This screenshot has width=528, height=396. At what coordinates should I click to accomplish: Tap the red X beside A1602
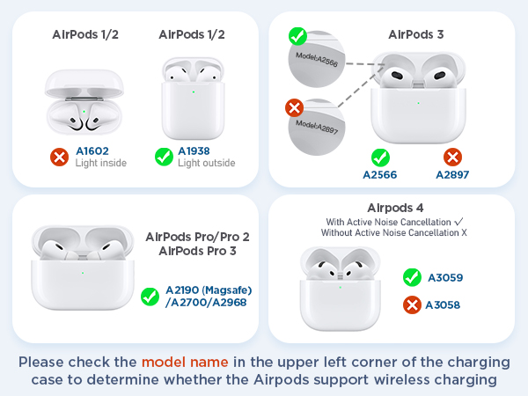pos(60,157)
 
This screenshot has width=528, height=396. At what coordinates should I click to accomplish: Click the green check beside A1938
pos(164,157)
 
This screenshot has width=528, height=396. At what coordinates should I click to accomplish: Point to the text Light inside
pos(101,164)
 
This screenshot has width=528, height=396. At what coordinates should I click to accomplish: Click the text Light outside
pos(206,164)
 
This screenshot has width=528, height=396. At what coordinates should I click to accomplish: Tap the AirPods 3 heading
pos(416,34)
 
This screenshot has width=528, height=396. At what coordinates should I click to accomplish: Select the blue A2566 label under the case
pos(380,175)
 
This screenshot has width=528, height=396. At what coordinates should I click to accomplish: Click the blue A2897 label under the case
pos(452,175)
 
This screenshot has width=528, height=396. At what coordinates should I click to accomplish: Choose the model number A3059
pos(444,277)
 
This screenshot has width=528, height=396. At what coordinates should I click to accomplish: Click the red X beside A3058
pos(410,304)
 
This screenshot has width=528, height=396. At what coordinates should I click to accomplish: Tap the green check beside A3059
pos(410,277)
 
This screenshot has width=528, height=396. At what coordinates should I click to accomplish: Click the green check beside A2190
pos(150,297)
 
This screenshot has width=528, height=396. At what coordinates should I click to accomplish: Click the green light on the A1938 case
pos(194,90)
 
